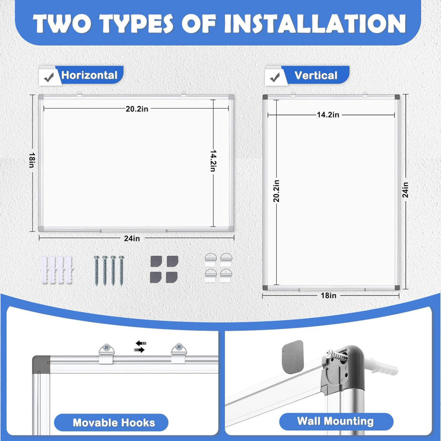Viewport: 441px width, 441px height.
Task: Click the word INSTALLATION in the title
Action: coord(315,24)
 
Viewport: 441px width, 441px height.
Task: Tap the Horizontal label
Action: coord(89,75)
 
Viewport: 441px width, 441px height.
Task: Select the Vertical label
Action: coord(315,76)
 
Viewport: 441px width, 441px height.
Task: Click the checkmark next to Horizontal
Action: coord(49,77)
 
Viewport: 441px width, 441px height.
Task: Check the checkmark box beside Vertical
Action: coord(275,77)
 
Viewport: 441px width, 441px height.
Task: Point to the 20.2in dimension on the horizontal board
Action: coord(137,109)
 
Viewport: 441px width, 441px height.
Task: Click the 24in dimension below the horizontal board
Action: coord(132,239)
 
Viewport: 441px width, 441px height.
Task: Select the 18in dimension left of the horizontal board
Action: coord(32,160)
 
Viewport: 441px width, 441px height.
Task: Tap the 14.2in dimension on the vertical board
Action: coord(328,115)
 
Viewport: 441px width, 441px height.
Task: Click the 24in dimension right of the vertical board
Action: coord(405,190)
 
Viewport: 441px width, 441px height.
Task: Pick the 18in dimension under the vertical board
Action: coord(329,295)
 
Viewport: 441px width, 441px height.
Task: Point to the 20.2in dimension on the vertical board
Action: coord(277,191)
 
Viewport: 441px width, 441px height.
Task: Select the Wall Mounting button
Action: coord(336,421)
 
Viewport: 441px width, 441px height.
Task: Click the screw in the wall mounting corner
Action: coord(337,355)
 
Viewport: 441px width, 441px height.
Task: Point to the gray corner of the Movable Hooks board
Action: coord(41,364)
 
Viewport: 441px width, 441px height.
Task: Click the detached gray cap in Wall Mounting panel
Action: coord(293,357)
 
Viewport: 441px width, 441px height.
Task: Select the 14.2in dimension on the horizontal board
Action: coord(213,161)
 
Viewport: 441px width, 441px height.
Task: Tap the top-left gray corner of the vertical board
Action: coord(265,97)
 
